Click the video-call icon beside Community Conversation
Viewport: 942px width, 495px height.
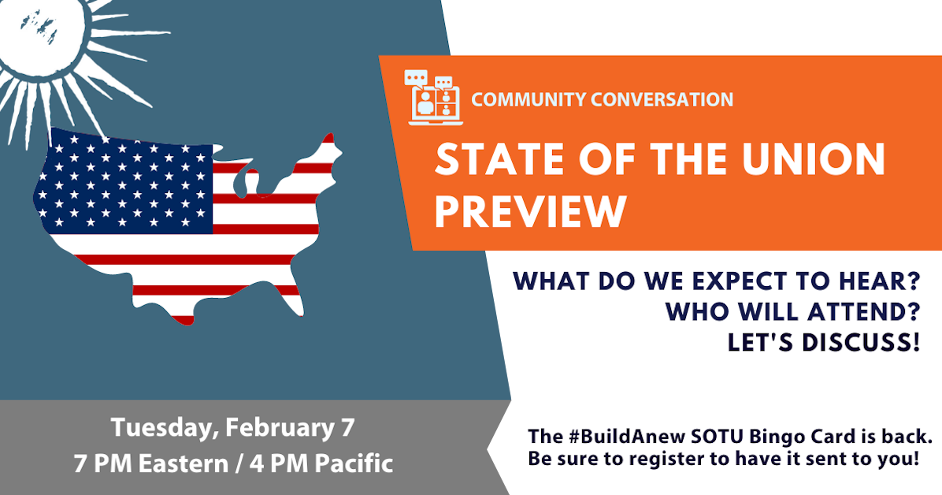432,98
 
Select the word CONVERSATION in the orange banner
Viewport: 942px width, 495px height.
663,100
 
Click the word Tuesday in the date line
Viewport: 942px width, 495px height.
161,428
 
